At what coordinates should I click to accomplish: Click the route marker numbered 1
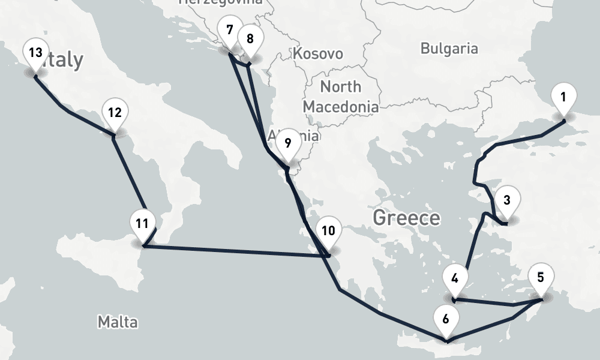point(563,98)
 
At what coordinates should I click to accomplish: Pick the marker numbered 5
point(541,278)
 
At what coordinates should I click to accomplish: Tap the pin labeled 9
point(287,143)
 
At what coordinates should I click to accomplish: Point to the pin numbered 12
point(115,113)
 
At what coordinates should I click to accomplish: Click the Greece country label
point(406,217)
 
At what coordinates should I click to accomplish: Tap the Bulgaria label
point(449,49)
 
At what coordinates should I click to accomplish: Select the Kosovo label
point(318,54)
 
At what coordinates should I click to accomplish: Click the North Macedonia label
point(340,97)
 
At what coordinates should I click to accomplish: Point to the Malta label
point(118,322)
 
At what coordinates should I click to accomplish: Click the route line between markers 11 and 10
point(234,251)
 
